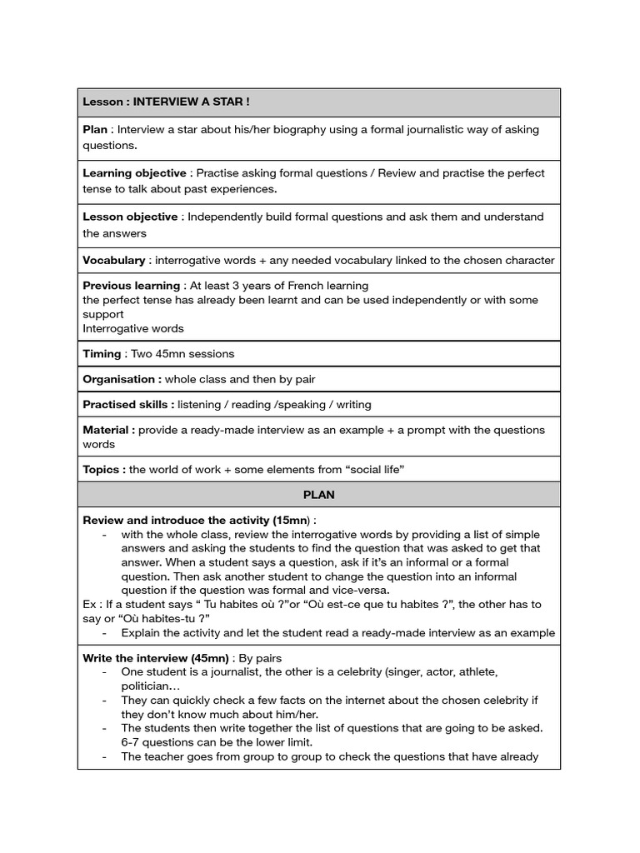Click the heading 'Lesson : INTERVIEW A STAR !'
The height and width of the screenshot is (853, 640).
[166, 102]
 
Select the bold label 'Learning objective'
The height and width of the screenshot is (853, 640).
[134, 173]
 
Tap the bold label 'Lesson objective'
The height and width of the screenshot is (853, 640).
[130, 217]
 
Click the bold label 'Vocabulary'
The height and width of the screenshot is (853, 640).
[113, 260]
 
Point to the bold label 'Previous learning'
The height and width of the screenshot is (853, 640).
[131, 286]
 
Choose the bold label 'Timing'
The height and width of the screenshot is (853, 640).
[102, 353]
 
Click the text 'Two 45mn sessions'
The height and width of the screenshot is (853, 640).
[182, 353]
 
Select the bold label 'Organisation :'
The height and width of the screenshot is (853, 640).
[122, 379]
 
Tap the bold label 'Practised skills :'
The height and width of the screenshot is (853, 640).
[128, 404]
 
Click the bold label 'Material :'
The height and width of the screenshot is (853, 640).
[108, 430]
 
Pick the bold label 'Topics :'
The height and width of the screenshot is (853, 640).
[104, 469]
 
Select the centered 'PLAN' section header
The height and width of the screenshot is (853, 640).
[319, 494]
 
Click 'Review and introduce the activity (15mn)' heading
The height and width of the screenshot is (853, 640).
[197, 520]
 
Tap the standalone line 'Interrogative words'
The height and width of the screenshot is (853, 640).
[133, 328]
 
